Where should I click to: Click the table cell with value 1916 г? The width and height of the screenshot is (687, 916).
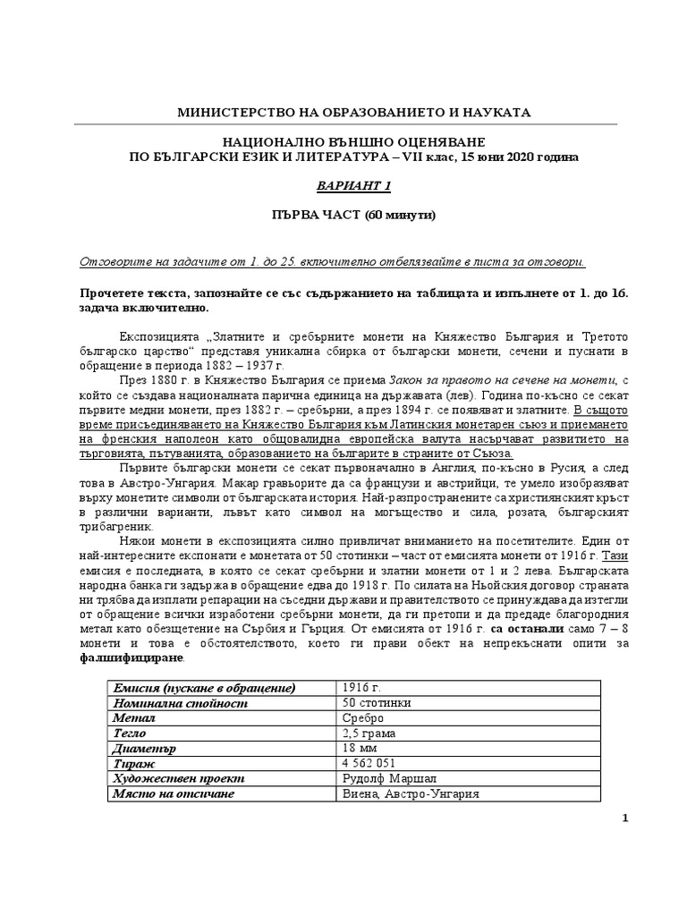(x=360, y=687)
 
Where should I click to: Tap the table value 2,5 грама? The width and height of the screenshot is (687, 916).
(x=367, y=733)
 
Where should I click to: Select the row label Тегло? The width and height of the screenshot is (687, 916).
(x=129, y=733)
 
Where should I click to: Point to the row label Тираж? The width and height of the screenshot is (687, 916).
(x=131, y=763)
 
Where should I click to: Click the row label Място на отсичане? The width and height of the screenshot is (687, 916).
(x=172, y=793)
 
